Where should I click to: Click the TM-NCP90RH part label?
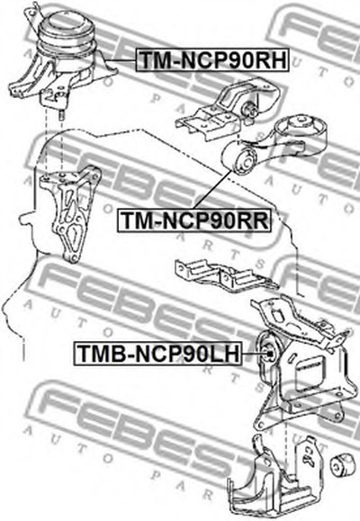click(212, 60)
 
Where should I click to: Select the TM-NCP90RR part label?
click(194, 220)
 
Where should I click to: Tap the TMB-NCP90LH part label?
click(157, 354)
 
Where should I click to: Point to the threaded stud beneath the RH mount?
click(61, 117)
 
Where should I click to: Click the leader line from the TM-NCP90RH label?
click(121, 60)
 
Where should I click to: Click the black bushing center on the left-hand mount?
click(270, 354)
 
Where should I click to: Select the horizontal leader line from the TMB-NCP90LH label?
click(254, 354)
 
